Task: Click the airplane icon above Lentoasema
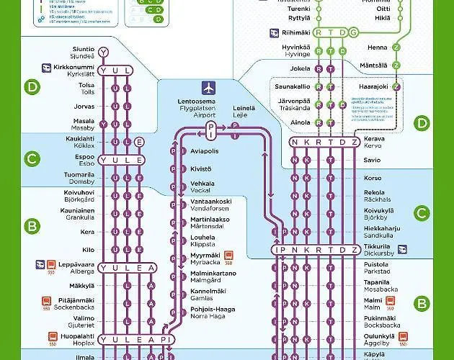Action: [x=209, y=88]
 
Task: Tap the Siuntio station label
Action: [x=83, y=52]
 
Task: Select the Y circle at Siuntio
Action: [x=104, y=52]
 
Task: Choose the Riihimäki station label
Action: [x=300, y=32]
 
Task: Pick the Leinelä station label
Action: [x=244, y=111]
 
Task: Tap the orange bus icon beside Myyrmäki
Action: [x=228, y=256]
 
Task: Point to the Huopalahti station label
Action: [x=74, y=338]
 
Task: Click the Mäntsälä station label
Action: [x=374, y=66]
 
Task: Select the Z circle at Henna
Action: [x=396, y=48]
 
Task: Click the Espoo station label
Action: [x=85, y=159]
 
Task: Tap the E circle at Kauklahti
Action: [x=139, y=141]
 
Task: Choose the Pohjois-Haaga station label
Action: [x=209, y=312]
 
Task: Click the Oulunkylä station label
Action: [x=380, y=338]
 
